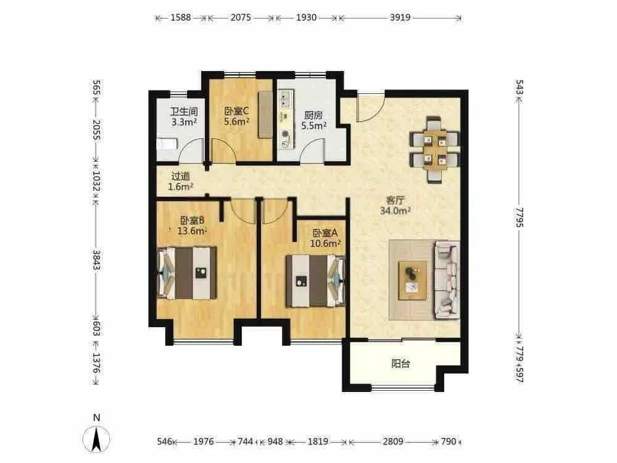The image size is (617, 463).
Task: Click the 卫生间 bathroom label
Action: (184, 112)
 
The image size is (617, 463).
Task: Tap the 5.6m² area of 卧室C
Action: (236, 122)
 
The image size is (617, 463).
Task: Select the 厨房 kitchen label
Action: (313, 115)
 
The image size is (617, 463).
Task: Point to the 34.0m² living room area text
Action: (395, 211)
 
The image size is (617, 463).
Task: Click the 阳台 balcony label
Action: (400, 364)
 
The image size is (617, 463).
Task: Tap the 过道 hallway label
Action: (181, 177)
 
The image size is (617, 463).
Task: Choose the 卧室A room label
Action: (325, 233)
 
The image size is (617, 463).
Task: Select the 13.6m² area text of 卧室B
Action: (192, 231)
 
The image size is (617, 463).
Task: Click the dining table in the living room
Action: (434, 149)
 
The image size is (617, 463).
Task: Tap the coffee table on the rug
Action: (412, 280)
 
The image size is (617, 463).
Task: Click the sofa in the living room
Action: (447, 280)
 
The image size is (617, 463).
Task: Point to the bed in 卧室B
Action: (188, 272)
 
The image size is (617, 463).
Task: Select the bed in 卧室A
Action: (315, 281)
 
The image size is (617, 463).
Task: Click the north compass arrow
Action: (96, 439)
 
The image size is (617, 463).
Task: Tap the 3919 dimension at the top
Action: (400, 17)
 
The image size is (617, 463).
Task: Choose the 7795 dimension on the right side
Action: (520, 217)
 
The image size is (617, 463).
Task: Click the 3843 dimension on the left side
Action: (96, 260)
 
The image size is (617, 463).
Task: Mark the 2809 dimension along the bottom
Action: (393, 441)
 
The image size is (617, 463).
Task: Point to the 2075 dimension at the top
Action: (241, 17)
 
